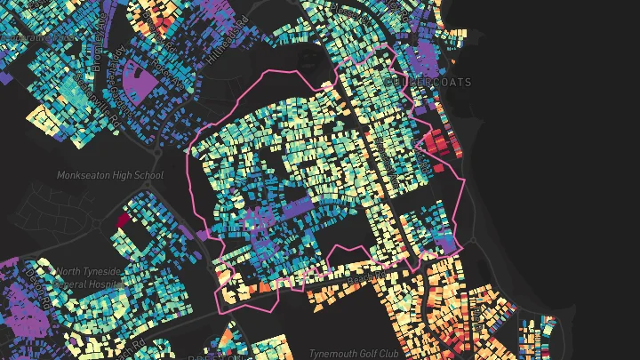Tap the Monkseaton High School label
(x=110, y=175)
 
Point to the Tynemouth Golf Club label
(x=354, y=353)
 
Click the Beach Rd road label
(x=364, y=278)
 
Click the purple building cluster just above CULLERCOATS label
(x=428, y=60)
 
